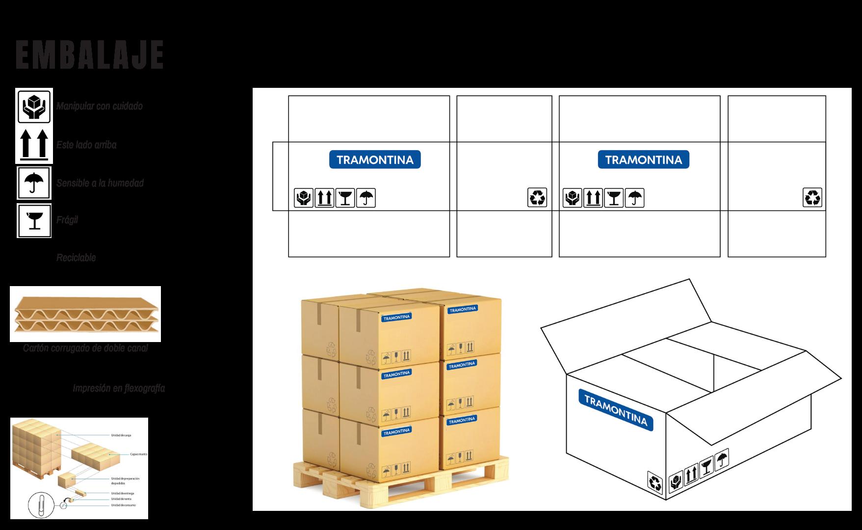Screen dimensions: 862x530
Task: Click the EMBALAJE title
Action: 89,55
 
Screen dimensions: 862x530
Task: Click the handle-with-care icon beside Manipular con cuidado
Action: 34,106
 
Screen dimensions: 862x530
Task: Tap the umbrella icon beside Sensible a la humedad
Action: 34,183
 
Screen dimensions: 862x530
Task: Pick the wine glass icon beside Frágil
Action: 34,220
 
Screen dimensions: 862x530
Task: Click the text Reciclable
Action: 76,258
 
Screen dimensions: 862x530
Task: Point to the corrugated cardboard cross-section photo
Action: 85,314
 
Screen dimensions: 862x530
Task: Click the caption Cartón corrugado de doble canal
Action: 85,348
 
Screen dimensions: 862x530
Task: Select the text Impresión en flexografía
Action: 119,388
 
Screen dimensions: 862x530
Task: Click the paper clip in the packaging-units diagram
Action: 38,504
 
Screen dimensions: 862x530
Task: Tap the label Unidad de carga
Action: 121,435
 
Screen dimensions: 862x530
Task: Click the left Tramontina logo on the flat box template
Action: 375,159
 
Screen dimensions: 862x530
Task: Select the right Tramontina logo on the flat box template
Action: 643,159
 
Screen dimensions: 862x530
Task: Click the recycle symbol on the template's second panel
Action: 537,198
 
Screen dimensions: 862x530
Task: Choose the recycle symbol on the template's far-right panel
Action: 812,198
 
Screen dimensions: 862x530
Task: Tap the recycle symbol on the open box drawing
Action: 655,482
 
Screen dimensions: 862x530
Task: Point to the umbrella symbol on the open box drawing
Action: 722,459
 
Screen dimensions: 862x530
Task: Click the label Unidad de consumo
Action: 123,505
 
